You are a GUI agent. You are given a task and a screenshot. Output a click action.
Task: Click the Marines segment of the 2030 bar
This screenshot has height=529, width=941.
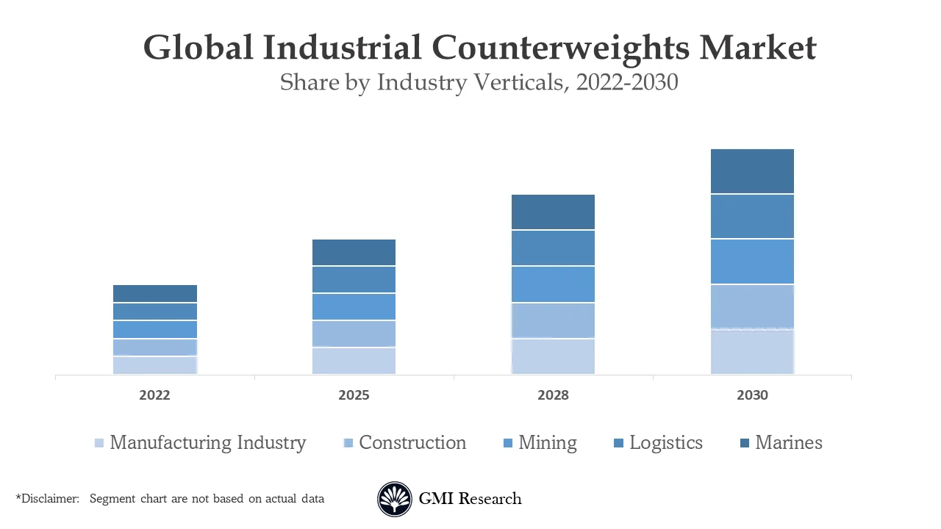[x=752, y=171]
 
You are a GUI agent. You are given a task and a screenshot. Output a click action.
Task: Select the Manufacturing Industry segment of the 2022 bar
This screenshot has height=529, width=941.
[x=155, y=365]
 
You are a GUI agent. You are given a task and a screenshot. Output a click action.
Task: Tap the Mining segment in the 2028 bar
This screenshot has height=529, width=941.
[x=553, y=284]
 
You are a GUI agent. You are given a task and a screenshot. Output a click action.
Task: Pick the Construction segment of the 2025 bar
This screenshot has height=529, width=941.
[x=354, y=334]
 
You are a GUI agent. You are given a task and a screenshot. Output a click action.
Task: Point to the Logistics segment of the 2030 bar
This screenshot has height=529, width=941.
[x=752, y=217]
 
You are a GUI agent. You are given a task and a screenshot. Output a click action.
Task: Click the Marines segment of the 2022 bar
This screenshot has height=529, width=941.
[x=155, y=294]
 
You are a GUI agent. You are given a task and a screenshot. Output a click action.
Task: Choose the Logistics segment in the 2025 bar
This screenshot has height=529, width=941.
[x=354, y=280]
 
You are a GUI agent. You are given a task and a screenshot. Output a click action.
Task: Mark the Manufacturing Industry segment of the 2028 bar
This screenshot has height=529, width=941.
[x=553, y=356]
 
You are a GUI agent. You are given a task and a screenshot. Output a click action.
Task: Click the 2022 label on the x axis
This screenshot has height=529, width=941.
[x=154, y=395]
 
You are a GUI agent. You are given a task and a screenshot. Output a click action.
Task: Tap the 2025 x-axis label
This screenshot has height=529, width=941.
[x=354, y=395]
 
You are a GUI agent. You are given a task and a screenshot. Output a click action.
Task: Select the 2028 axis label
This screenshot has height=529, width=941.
[x=553, y=395]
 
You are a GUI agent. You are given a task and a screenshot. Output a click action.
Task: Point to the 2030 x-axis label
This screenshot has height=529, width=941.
[x=752, y=395]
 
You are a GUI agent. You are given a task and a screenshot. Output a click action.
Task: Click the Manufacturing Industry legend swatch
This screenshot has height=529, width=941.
[x=99, y=443]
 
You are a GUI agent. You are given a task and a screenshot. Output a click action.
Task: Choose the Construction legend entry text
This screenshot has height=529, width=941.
[x=412, y=443]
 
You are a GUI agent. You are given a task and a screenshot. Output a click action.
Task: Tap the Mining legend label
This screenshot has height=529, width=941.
[x=548, y=443]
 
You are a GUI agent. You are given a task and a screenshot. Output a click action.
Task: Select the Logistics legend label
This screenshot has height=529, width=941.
[x=666, y=443]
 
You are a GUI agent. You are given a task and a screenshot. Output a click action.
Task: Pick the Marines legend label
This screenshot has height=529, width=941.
[x=789, y=443]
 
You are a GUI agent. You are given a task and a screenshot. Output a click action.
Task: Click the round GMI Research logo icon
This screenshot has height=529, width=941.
[x=395, y=500]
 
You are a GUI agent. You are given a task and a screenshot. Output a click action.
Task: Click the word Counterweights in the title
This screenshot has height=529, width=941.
[x=560, y=48]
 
